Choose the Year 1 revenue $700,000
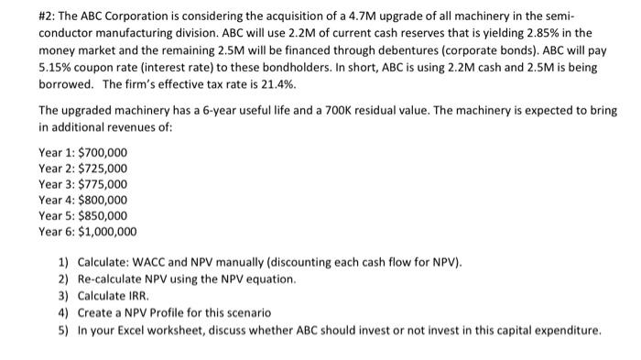(x=103, y=152)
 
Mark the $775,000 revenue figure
(x=103, y=184)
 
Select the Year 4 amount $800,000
(x=103, y=200)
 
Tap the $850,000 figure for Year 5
(x=103, y=215)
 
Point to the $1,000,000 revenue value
(x=107, y=232)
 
